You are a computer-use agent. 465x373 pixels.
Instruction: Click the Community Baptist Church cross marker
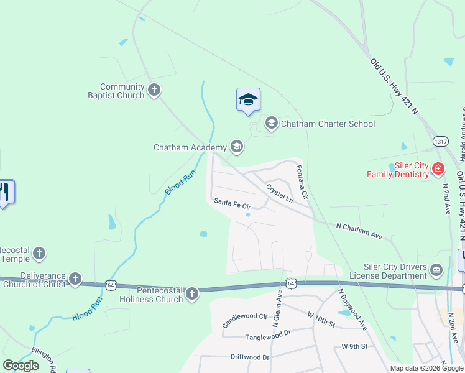pos(155,91)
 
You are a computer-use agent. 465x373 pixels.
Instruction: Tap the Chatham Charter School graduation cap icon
pos(271,123)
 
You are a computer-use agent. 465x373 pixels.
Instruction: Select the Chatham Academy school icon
pos(236,147)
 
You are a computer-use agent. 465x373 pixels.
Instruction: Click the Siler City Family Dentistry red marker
pos(438,169)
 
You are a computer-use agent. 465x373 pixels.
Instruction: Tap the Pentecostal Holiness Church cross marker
pos(192,293)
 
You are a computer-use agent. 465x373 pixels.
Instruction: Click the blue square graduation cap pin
pos(248,99)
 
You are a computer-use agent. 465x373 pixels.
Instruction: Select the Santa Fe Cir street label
pos(232,203)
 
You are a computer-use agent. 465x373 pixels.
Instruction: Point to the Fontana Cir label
pos(302,182)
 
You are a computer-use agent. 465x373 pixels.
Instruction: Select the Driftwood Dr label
pos(250,357)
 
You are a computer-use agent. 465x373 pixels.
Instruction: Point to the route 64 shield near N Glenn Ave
pos(291,283)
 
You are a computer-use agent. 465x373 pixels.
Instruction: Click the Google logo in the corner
pos(21,366)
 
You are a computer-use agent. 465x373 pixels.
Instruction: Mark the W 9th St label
pos(354,346)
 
